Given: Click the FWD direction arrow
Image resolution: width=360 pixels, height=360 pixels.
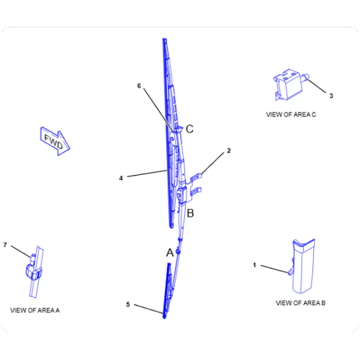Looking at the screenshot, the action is [x=55, y=141].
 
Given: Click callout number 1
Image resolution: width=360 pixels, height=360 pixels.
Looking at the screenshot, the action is [x=255, y=265].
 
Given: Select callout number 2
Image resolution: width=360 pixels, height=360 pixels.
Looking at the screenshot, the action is [x=229, y=150].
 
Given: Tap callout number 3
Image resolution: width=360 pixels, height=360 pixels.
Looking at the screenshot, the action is [x=331, y=96].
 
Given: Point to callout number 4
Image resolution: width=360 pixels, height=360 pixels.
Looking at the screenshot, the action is [x=121, y=178].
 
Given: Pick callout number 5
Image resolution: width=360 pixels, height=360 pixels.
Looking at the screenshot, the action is [x=128, y=305].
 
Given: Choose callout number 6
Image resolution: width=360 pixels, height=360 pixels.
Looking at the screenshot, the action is [x=139, y=86].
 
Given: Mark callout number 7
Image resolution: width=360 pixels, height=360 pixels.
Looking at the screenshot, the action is [x=5, y=245].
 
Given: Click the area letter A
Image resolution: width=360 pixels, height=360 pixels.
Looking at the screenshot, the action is [x=170, y=253].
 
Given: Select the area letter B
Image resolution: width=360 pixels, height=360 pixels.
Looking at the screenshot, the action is [x=190, y=213].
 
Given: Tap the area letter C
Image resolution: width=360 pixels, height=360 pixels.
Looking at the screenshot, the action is [x=189, y=129].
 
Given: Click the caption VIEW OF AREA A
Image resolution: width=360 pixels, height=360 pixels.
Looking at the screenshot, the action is [x=35, y=310].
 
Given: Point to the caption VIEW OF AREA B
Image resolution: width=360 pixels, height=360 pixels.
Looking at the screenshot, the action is [x=300, y=303].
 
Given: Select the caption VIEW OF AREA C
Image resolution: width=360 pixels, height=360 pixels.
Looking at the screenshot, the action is [x=291, y=114].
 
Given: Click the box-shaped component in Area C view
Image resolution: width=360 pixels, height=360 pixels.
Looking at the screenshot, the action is [x=289, y=84].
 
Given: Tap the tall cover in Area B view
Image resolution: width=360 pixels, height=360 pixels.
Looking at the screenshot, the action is [x=303, y=266].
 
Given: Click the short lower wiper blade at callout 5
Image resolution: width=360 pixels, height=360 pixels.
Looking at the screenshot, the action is [x=167, y=291].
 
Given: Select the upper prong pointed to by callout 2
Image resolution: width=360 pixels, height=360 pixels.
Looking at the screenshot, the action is [x=197, y=177].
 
